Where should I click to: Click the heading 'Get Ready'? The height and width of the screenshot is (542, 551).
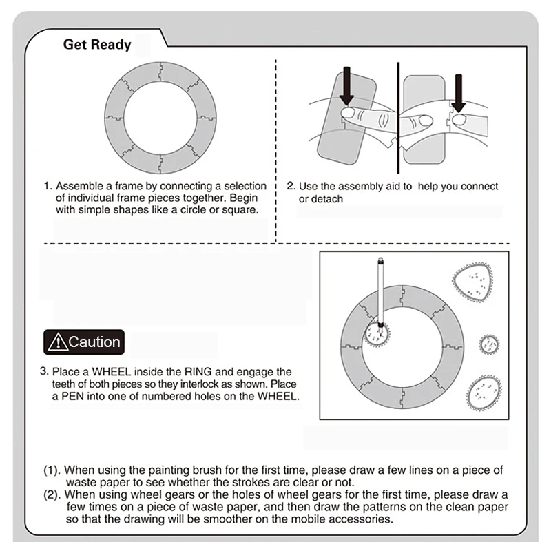pos(97,45)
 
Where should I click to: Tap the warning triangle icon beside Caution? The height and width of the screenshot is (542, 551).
pos(57,342)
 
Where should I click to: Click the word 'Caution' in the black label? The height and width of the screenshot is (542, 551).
pos(94,342)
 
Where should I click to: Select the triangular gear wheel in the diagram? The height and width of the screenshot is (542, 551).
pos(472,283)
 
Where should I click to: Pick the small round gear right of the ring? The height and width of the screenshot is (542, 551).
pos(489,345)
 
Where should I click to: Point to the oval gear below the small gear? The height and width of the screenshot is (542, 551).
pos(484,393)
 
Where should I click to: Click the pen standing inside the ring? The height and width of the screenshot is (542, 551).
pos(380,294)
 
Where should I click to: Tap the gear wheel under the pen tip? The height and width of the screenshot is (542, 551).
pos(377,335)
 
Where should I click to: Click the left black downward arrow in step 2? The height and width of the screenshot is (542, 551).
pos(347,85)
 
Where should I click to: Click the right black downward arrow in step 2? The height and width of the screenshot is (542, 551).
pos(458,94)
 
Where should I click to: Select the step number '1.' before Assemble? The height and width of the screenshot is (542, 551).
pos(48,186)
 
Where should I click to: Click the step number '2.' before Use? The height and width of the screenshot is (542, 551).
pos(291,186)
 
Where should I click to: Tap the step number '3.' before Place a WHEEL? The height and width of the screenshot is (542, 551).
pos(44,371)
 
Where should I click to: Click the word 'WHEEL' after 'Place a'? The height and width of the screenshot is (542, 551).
pos(112,372)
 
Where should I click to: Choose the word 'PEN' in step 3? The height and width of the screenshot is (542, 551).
pos(73,396)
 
